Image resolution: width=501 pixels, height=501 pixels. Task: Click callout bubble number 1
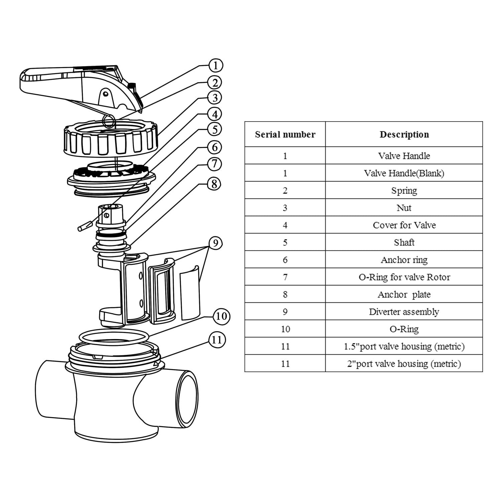coord(215,65)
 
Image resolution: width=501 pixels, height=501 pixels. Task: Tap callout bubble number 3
coord(215,98)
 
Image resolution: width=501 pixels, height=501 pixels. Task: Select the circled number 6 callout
coord(214,147)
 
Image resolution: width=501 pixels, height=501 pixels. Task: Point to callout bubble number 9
coord(215,243)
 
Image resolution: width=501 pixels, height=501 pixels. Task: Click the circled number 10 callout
coord(221,316)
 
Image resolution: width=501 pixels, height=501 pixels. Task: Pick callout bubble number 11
coord(217,340)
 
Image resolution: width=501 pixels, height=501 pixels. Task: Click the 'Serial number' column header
coord(285,134)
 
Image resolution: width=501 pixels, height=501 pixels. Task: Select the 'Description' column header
coord(404,134)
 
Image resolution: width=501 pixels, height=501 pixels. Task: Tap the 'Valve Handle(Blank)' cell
coord(404,173)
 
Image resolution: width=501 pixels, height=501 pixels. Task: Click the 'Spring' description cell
coord(404,190)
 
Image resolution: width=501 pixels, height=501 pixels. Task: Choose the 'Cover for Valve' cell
coord(404,225)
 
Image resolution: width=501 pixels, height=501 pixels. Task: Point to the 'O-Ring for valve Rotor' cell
coord(404,277)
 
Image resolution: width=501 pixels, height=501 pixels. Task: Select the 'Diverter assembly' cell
coord(404,312)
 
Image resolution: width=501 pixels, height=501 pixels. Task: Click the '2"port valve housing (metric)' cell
coord(404,363)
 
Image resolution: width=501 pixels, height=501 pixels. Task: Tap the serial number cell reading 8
coord(285,294)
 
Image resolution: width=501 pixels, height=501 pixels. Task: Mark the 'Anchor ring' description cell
coord(404,260)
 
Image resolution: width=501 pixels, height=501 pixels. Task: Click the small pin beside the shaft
coord(85,226)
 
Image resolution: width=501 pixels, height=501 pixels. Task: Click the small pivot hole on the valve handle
coord(105,94)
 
